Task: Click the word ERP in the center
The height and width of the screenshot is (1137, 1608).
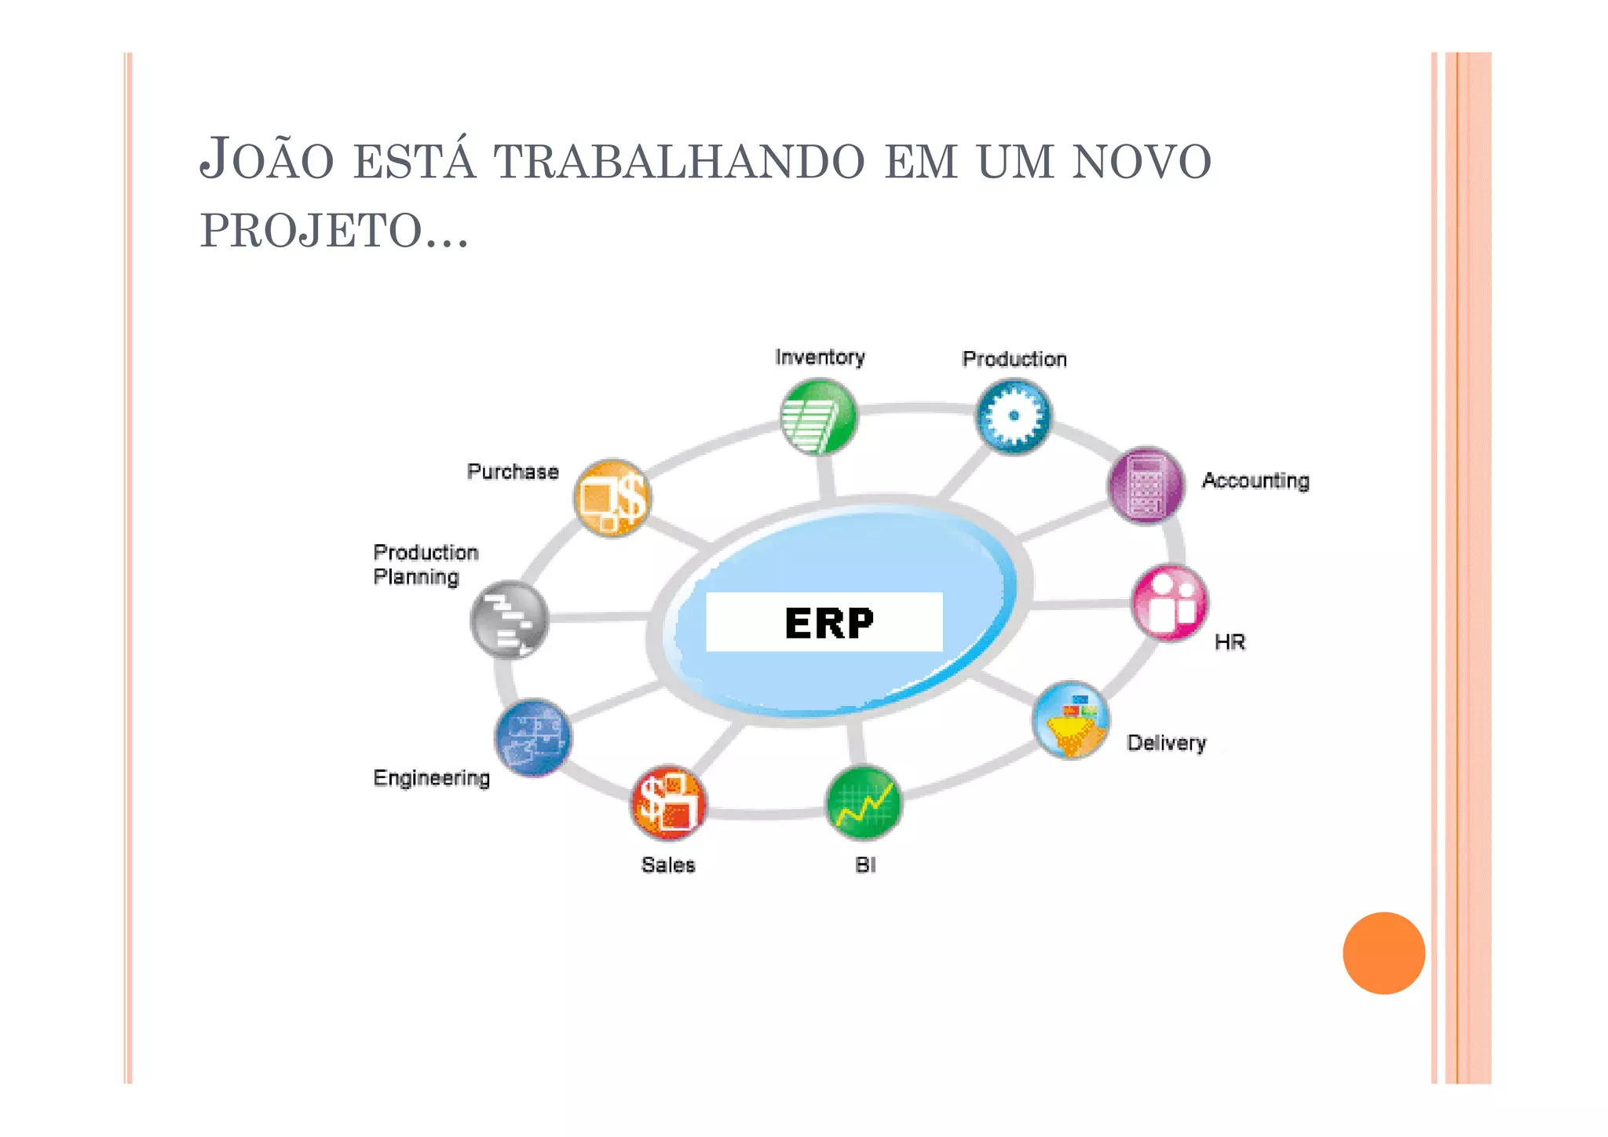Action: tap(829, 623)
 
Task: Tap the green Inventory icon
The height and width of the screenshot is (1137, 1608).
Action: tap(818, 416)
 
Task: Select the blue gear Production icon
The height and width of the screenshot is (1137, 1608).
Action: tap(1014, 416)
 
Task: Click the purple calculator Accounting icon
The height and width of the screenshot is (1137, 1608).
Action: tap(1146, 486)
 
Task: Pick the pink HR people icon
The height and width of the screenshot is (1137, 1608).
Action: tap(1170, 603)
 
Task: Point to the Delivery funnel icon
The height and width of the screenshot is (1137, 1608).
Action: tap(1071, 720)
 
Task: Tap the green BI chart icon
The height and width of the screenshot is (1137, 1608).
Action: tap(864, 802)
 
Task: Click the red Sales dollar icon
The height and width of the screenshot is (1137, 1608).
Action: tap(668, 802)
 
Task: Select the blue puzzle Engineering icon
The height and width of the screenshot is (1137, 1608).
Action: tap(533, 737)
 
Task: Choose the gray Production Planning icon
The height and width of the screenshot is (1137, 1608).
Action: tap(509, 619)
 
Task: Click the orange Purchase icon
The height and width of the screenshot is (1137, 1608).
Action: tap(612, 498)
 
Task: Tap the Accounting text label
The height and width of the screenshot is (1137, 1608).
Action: tap(1255, 481)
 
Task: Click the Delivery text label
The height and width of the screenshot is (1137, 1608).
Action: tap(1166, 743)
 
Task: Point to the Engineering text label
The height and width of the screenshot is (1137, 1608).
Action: tap(432, 778)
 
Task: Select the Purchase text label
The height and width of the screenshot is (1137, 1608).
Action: tap(513, 472)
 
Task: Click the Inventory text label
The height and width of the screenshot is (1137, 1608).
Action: tap(820, 357)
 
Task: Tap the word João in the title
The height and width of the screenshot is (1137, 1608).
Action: tap(267, 159)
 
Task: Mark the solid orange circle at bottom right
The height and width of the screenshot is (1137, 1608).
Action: tap(1383, 952)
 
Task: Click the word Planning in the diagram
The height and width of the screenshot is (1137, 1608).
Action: tap(416, 577)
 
